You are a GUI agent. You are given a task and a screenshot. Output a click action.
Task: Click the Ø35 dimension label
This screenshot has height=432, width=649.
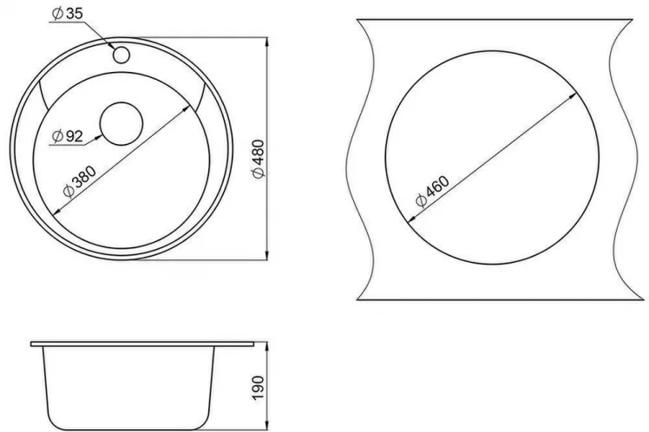[67, 14]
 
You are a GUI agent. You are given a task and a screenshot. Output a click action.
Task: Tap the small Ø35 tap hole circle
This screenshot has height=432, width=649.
[121, 55]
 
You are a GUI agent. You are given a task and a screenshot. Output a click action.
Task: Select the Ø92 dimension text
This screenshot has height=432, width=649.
[68, 135]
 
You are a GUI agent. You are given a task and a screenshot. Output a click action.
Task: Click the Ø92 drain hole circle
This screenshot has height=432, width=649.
[121, 124]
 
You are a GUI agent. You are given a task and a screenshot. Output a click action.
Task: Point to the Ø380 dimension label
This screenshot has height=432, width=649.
[80, 181]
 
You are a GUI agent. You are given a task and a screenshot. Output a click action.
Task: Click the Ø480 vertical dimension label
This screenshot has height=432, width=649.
[259, 160]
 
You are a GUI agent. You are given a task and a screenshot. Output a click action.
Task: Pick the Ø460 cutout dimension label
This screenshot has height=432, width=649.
[432, 191]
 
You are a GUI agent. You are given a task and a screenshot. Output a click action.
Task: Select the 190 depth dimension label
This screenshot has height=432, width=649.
[258, 388]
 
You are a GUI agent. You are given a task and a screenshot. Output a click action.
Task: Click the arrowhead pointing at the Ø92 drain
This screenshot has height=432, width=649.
[97, 137]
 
